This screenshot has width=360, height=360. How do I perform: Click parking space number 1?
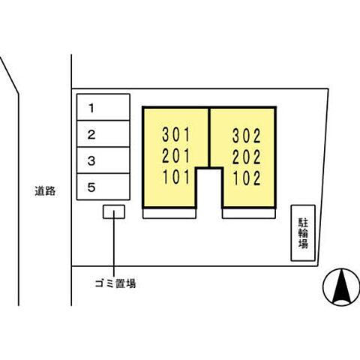pyautogui.click(x=103, y=107)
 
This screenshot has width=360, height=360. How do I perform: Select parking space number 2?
pyautogui.click(x=103, y=133)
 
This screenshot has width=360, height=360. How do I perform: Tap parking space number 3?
pyautogui.click(x=103, y=160)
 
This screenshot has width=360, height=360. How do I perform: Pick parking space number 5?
pyautogui.click(x=103, y=187)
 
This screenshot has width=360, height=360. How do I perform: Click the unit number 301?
pyautogui.click(x=176, y=134)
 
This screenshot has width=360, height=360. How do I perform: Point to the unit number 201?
pyautogui.click(x=176, y=156)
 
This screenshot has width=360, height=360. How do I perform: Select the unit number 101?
pyautogui.click(x=176, y=177)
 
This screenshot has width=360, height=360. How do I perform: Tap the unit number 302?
pyautogui.click(x=247, y=136)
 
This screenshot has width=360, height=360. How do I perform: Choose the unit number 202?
pyautogui.click(x=247, y=157)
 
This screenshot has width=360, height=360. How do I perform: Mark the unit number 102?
pyautogui.click(x=247, y=178)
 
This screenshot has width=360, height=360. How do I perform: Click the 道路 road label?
pyautogui.click(x=45, y=191)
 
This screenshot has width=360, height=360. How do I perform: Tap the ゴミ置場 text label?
pyautogui.click(x=115, y=283)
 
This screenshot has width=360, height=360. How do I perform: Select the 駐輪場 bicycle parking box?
pyautogui.click(x=303, y=233)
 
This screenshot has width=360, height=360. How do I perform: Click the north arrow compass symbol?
pyautogui.click(x=341, y=287)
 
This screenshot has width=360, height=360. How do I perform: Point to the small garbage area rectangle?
pyautogui.click(x=114, y=211)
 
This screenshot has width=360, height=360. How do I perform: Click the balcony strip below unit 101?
pyautogui.click(x=169, y=214)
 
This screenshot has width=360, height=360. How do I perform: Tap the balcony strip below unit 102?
pyautogui.click(x=249, y=214)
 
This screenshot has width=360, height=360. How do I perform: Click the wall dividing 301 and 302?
pyautogui.click(x=209, y=137)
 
